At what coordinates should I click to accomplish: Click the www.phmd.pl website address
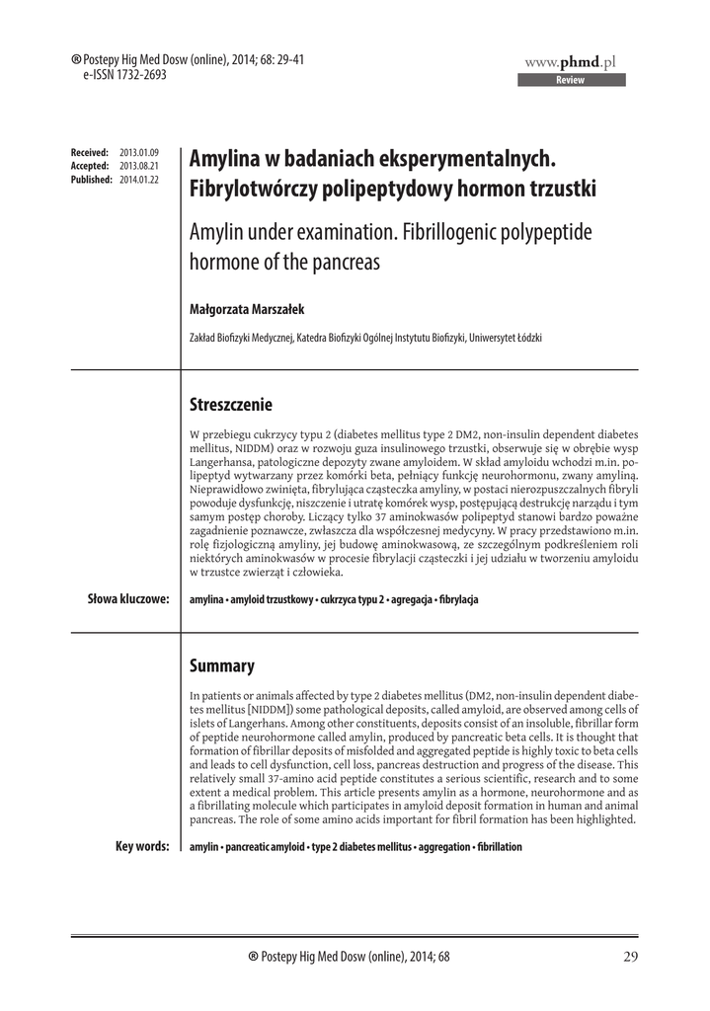(x=571, y=61)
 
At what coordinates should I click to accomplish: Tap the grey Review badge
(x=571, y=80)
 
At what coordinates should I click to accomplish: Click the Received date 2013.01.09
(x=138, y=152)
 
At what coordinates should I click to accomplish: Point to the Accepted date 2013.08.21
(x=138, y=166)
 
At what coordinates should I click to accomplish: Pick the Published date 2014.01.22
(x=138, y=180)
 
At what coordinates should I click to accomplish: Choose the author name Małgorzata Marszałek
(x=248, y=309)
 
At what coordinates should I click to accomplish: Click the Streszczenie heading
(x=230, y=405)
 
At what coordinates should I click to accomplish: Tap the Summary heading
(x=221, y=665)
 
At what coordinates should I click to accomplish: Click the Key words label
(x=141, y=846)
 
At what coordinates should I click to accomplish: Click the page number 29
(x=631, y=956)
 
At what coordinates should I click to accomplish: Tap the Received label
(x=90, y=152)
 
